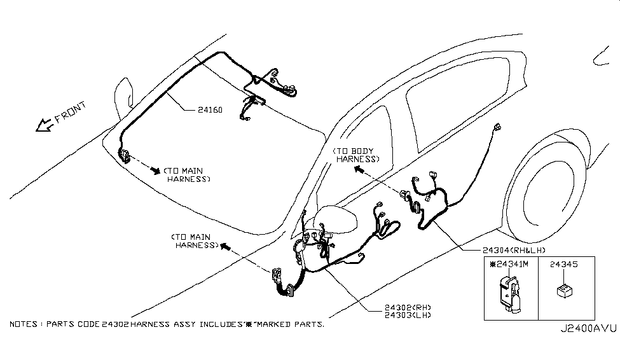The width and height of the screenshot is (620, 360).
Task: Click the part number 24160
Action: [x=209, y=109]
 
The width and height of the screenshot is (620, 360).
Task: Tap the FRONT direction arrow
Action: [x=45, y=125]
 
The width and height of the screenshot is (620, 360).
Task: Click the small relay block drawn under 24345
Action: [x=563, y=291]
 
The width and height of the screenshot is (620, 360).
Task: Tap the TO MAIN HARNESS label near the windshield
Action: [x=187, y=175]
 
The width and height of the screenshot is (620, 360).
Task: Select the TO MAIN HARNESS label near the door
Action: [x=195, y=240]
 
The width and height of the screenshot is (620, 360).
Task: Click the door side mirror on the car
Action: [x=337, y=222]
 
